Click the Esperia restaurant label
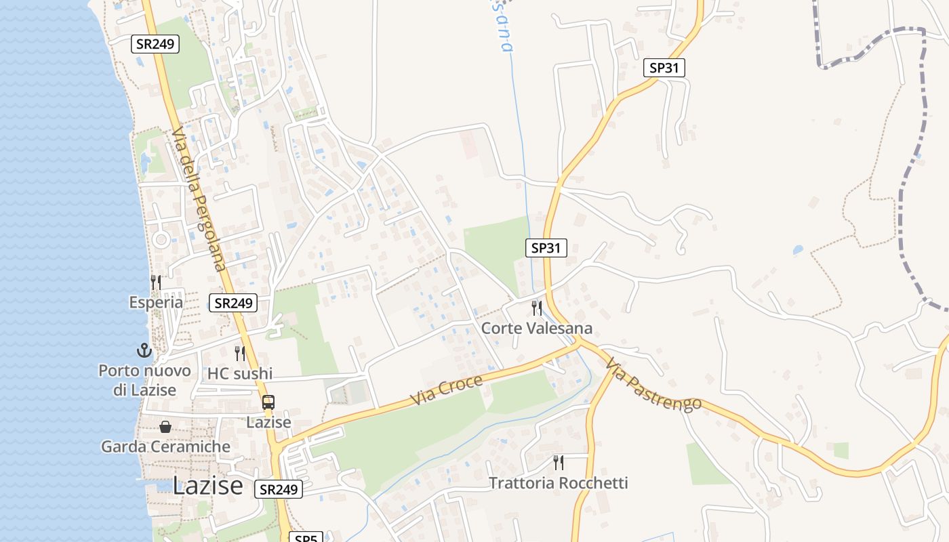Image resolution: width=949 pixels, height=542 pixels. point(156,302)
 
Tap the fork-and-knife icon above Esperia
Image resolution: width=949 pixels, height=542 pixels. point(156,282)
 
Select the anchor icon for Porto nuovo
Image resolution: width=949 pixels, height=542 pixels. point(144,350)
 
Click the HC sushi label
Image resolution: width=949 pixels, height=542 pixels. point(240,373)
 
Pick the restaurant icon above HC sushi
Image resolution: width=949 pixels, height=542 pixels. point(240,353)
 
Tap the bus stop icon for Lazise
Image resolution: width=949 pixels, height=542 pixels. point(268,402)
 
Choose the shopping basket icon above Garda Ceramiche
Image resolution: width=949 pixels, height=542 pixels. point(165,427)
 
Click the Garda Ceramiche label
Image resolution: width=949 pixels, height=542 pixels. point(166,446)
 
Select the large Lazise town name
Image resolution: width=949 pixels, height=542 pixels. point(207,485)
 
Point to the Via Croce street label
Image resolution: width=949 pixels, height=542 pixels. point(447,390)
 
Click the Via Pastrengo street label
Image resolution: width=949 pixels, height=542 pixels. point(653,384)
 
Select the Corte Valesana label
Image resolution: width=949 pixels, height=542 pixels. point(537,329)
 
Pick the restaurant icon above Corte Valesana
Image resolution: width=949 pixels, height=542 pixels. point(537,308)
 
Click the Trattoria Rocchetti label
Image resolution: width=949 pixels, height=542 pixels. point(559,483)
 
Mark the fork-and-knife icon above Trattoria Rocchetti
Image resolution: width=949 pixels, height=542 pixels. point(559,463)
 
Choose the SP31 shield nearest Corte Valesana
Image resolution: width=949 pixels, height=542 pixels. point(546,248)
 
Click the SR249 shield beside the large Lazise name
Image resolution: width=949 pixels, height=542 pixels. point(279,489)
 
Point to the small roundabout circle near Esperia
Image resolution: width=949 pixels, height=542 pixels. point(161,239)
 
